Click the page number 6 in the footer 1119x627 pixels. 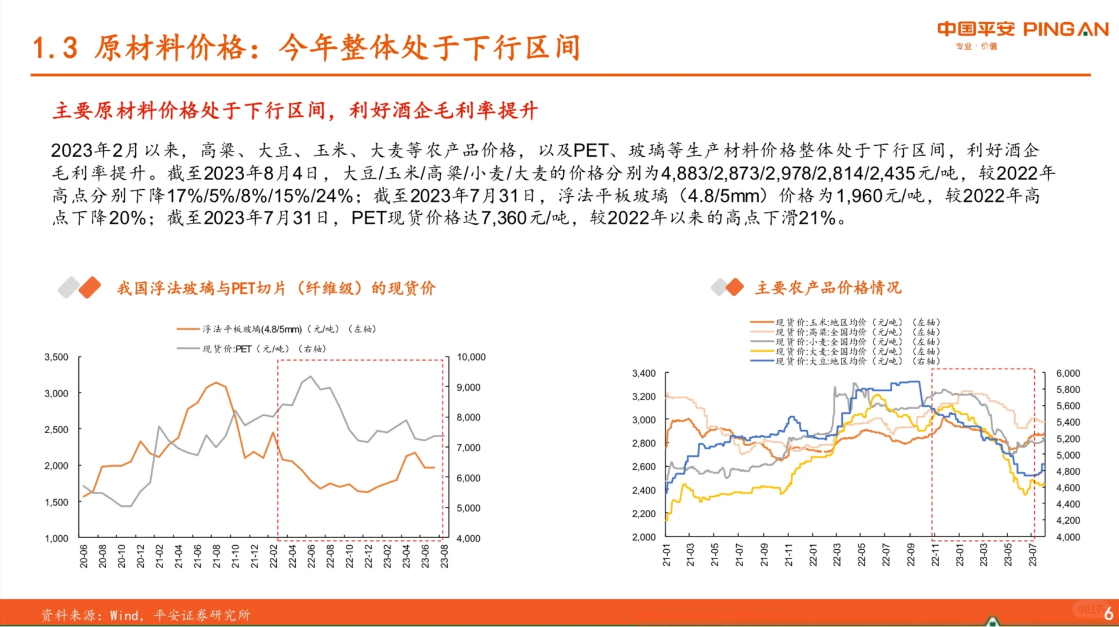[x=1108, y=613]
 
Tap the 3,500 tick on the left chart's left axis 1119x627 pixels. [x=56, y=357]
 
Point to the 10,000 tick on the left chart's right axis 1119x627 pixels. [x=470, y=357]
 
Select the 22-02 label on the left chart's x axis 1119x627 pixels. [x=274, y=556]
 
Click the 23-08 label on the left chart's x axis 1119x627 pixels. [x=444, y=556]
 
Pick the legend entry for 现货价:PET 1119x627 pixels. [x=255, y=349]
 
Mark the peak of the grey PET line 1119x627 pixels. [x=311, y=376]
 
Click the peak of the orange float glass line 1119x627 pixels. [x=216, y=382]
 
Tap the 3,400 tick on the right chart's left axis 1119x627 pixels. [x=643, y=373]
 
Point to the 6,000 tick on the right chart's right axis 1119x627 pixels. [x=1067, y=373]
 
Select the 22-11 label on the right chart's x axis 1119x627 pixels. [x=935, y=555]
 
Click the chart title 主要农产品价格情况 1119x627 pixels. [x=828, y=288]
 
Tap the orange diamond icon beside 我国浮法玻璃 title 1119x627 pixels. [x=90, y=288]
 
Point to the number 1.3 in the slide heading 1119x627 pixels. [x=55, y=48]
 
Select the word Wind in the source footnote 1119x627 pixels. [x=124, y=615]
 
